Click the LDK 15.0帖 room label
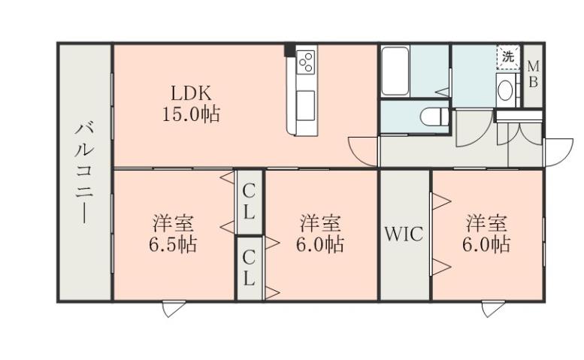tap(192, 104)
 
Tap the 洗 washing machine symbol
tap(509, 56)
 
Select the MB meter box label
tap(531, 74)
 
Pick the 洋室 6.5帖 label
tap(174, 233)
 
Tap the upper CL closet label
tap(249, 202)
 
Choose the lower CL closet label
tap(249, 268)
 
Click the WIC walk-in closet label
tap(404, 234)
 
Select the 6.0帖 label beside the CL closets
tap(321, 233)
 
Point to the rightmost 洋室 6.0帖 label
tap(486, 233)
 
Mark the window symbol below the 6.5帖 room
tap(172, 309)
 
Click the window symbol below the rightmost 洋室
tap(492, 309)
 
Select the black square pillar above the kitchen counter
tap(289, 51)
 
